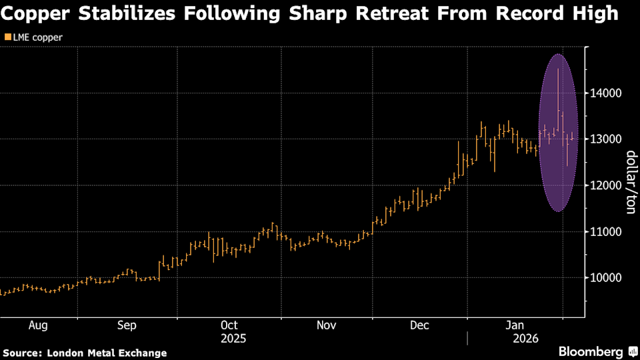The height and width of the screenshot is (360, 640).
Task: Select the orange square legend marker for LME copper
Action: [7, 37]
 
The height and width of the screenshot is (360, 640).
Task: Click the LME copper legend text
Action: [38, 37]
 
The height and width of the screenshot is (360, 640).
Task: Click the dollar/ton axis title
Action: [629, 182]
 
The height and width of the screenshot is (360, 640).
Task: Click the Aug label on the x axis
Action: [38, 325]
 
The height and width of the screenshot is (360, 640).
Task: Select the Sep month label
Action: [127, 325]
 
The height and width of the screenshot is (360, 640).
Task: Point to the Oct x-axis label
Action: [229, 325]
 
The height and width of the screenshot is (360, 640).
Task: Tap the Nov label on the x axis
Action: [326, 325]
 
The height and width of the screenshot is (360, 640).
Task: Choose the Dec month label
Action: [419, 325]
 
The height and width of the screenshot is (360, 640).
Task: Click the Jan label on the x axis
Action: [515, 325]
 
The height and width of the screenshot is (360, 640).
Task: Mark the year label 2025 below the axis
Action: [233, 338]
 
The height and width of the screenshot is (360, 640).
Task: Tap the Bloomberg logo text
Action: [591, 351]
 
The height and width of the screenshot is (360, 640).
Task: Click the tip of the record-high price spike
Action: [558, 69]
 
